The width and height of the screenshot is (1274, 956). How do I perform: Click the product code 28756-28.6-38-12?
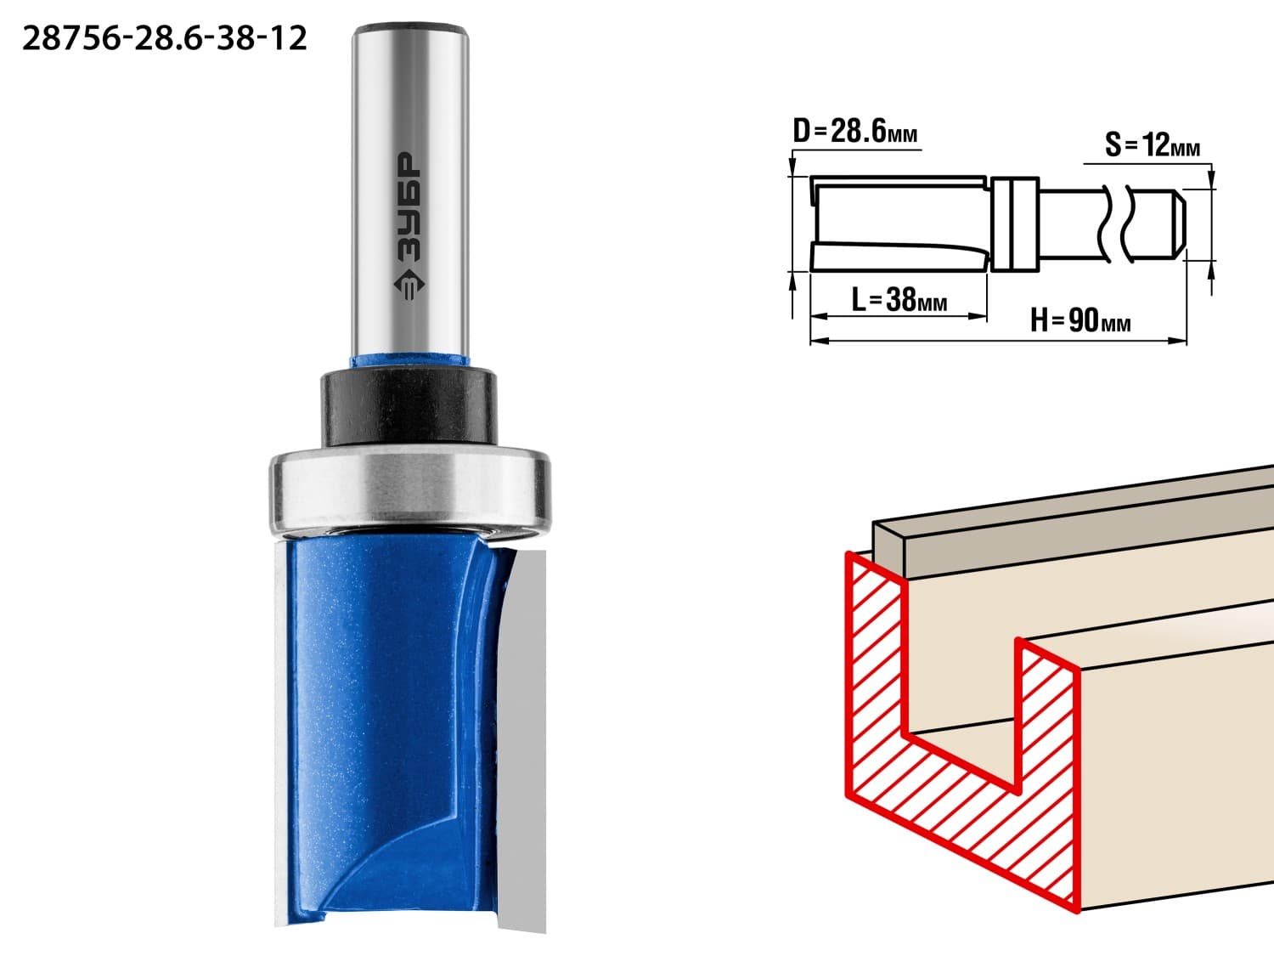pos(164,39)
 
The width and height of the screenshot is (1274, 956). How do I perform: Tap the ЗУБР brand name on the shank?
pos(409,206)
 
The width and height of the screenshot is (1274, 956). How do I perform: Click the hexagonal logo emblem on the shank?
pos(409,285)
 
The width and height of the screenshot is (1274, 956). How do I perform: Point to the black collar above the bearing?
pos(409,409)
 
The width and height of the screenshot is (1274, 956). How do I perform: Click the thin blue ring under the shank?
pos(409,361)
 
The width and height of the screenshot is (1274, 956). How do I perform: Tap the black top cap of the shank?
pos(409,28)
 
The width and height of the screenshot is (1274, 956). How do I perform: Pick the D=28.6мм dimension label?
pos(855,131)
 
